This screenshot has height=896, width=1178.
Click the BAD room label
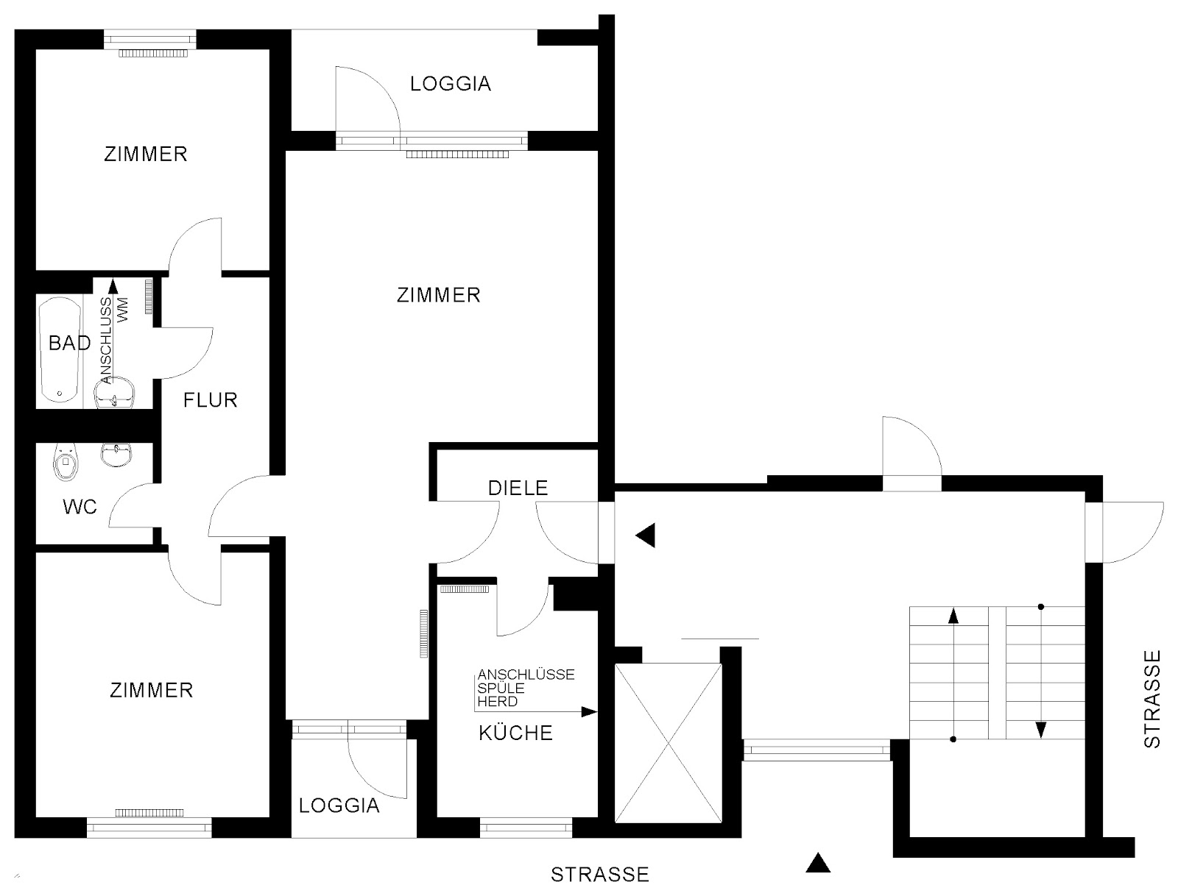70,343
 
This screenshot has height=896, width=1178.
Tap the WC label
80,507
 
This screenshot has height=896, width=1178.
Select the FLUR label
211,400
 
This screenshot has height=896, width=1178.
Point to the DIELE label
518,488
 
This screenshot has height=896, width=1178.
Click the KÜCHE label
516,733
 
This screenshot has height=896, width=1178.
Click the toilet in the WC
66,461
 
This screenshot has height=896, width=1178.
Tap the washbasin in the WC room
116,455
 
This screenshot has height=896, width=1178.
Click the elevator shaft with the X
669,743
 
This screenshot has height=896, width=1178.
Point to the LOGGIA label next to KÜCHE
339,806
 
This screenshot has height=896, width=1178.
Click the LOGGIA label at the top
451,84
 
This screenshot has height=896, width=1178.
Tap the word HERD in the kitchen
498,701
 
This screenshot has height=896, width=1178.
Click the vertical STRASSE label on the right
1152,699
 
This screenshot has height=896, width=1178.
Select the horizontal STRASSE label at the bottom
600,875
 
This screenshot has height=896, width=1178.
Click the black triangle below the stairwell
818,863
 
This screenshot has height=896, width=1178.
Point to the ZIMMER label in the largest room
439,296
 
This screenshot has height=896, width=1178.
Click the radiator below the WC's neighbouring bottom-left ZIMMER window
149,813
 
